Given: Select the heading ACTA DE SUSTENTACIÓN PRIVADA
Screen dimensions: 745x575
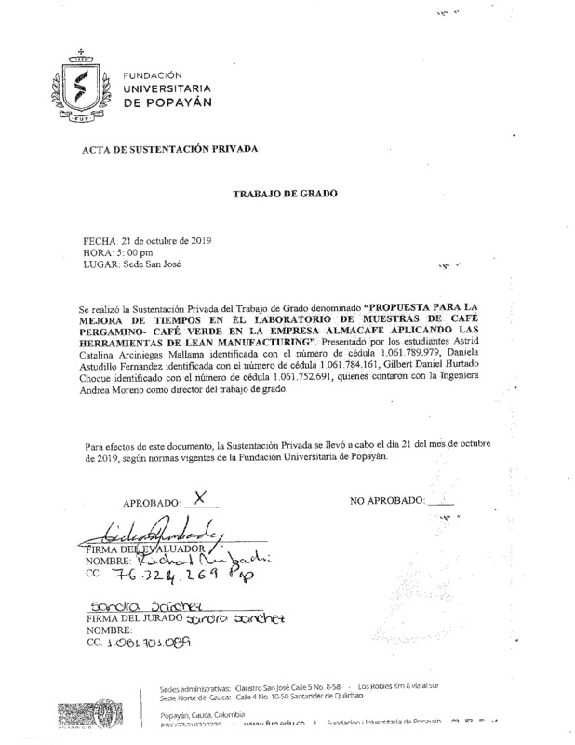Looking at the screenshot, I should point(169,150).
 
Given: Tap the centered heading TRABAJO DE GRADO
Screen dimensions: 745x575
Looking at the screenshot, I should point(286,194).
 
